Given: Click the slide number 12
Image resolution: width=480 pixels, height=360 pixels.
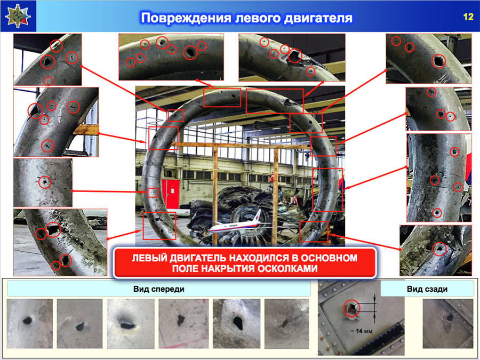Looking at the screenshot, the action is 468,17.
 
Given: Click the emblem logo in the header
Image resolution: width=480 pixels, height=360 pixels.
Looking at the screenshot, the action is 18,16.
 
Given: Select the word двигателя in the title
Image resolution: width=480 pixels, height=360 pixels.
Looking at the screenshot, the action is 318,18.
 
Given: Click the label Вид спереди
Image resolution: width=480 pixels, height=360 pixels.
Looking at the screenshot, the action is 158,289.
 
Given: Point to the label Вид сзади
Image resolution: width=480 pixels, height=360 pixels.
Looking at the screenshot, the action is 427,289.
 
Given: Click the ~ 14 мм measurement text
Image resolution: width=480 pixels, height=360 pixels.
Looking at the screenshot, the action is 362,331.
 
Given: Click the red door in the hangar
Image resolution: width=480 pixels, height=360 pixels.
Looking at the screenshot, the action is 171,193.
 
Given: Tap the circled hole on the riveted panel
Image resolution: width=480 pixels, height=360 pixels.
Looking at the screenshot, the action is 351,308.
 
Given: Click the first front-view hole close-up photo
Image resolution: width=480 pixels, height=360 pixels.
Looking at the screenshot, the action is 29,324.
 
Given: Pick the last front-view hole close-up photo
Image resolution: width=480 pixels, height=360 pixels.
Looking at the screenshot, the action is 286,324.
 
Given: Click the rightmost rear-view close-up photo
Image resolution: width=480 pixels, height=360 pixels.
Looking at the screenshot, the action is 447,324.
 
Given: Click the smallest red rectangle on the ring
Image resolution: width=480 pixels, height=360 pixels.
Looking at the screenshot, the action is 153,193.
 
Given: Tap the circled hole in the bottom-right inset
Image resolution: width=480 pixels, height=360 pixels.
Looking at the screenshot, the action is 439,249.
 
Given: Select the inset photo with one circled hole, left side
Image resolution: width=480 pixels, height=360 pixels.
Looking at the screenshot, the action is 43,182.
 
